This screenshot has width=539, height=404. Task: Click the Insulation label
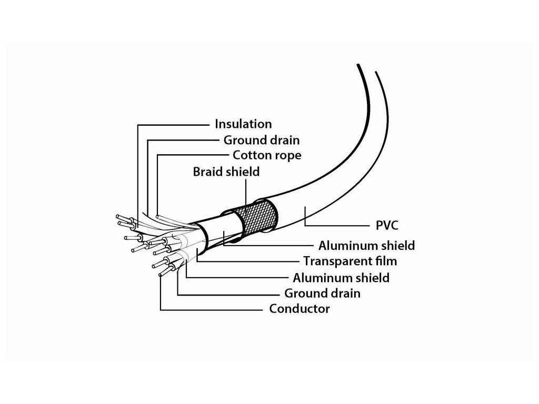(x=243, y=124)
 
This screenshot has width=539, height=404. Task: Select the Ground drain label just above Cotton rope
(x=262, y=140)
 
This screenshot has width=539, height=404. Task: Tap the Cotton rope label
(x=267, y=156)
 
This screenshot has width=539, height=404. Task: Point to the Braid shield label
(x=226, y=171)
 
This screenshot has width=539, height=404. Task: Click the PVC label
(x=387, y=226)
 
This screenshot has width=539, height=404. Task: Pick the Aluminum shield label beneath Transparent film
(x=341, y=277)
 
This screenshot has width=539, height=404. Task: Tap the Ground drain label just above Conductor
(x=322, y=293)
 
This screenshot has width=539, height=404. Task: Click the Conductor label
(x=300, y=309)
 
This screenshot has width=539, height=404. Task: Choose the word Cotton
(x=251, y=156)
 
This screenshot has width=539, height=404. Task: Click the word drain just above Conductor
(x=344, y=293)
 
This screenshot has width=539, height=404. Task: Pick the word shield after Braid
(x=242, y=171)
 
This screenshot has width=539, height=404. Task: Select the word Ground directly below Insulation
(x=245, y=140)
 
